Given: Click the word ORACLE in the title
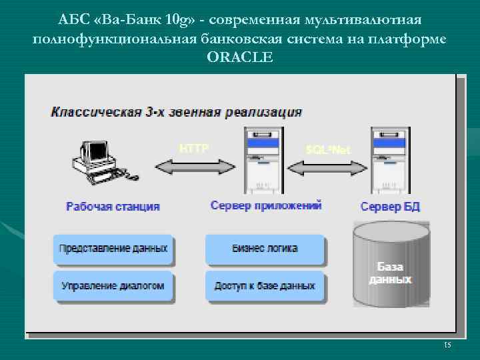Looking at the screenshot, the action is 240,57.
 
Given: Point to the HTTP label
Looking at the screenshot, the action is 194,148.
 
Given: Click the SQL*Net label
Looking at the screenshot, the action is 327,149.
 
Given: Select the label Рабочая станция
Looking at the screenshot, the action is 113,206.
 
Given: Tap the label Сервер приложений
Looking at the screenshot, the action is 266,205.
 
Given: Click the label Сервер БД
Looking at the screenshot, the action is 390,206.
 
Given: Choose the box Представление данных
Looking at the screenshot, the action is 113,249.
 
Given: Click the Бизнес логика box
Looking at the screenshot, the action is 265,249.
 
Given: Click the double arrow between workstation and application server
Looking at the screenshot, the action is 193,165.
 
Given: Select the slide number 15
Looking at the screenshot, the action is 447,345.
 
